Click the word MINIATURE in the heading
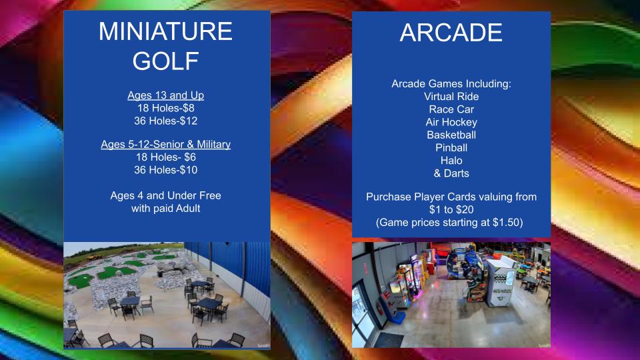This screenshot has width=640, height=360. pos(165,31)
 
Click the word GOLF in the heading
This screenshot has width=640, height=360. pos(165,61)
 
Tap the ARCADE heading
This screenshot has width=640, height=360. pos(451,33)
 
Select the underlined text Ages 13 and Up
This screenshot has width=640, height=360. pos(166,95)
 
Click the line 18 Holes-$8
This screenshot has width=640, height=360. pos(166,108)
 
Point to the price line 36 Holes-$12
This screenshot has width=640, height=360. pos(166,121)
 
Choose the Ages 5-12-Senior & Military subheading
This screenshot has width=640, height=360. pos(166,144)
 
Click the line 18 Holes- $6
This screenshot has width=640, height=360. pos(166,157)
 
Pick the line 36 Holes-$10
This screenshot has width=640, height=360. pos(166,170)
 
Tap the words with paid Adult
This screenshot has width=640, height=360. pos(166,208)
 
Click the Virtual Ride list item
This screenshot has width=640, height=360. pos(451,96)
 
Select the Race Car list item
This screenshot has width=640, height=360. pos(451,109)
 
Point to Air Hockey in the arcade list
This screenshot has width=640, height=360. pos(451,122)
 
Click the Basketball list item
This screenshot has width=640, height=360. pos(451,135)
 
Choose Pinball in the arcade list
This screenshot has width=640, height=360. pos(451,148)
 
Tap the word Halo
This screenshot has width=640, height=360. pos(451,161)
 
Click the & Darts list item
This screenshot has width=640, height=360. pos(451,173)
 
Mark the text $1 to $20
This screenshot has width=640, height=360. pos(451,210)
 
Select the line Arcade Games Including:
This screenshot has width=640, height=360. pos(451,84)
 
